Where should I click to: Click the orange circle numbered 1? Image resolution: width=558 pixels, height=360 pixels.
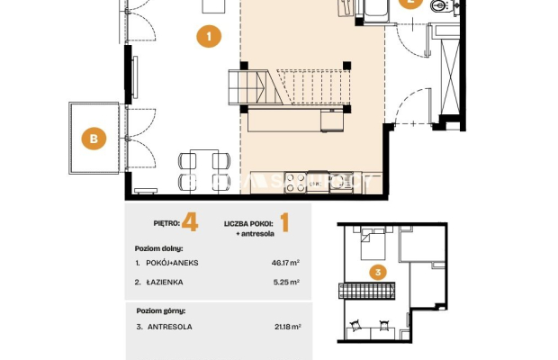click(x=209, y=36)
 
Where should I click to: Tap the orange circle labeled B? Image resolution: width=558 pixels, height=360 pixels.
click(x=94, y=138)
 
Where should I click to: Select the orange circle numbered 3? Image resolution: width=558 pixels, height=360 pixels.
click(x=378, y=273)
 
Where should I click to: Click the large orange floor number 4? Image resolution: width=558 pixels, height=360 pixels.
click(x=190, y=222)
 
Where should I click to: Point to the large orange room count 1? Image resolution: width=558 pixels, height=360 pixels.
click(x=284, y=222)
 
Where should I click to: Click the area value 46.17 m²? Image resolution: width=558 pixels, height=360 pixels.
click(x=285, y=263)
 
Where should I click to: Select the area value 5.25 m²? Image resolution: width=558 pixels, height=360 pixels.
click(x=286, y=282)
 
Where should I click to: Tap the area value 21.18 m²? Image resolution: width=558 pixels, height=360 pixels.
click(x=288, y=327)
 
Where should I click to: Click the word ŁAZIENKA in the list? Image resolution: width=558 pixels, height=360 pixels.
click(x=165, y=282)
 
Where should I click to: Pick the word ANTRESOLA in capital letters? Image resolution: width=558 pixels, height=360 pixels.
click(x=170, y=327)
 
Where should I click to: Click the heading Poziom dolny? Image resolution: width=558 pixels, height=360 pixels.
click(x=158, y=248)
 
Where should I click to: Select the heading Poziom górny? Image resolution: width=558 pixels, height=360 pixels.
click(x=161, y=310)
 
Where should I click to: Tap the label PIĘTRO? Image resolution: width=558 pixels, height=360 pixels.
click(x=166, y=223)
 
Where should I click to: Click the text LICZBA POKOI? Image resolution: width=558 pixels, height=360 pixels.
click(x=248, y=224)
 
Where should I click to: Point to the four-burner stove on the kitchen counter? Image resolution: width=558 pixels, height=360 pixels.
click(x=295, y=183)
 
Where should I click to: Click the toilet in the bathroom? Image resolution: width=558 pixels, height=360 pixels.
click(x=439, y=5)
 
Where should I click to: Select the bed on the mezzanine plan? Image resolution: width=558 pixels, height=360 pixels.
click(x=373, y=245)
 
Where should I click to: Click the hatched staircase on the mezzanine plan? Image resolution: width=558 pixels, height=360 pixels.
click(x=366, y=291)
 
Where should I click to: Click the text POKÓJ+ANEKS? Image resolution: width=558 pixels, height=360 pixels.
click(x=172, y=263)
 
